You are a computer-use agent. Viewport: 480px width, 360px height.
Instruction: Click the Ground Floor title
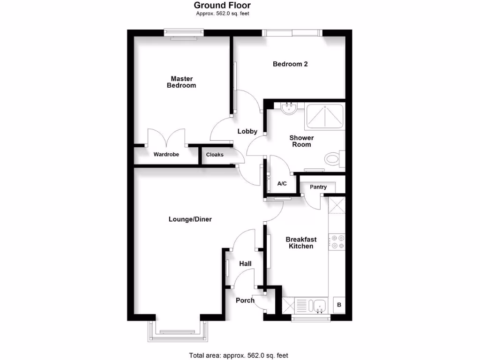tap(222, 6)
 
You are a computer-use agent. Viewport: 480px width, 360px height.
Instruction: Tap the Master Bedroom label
tap(181, 82)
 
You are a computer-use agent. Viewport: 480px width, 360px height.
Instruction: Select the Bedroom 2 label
tap(290, 64)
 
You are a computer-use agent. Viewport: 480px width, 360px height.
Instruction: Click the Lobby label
tap(247, 132)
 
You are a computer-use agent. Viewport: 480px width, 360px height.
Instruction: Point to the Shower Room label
tap(301, 141)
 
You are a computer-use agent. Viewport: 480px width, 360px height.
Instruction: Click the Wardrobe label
tap(166, 154)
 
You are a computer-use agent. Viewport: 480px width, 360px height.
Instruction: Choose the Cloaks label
tap(215, 154)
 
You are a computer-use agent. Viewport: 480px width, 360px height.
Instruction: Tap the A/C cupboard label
tap(282, 184)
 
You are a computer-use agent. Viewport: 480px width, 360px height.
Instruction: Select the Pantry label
tap(318, 187)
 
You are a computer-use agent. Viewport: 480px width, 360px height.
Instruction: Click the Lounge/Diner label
tap(190, 219)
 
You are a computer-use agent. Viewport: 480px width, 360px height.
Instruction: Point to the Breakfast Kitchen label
tap(301, 243)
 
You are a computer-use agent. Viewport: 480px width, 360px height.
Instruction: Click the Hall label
tap(245, 264)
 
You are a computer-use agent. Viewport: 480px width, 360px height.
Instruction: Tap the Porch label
tap(245, 300)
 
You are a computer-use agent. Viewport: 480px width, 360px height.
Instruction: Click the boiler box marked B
tap(339, 305)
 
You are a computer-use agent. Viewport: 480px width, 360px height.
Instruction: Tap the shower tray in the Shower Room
tap(324, 117)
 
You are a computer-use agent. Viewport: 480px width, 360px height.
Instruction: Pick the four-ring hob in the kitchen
tap(337, 242)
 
